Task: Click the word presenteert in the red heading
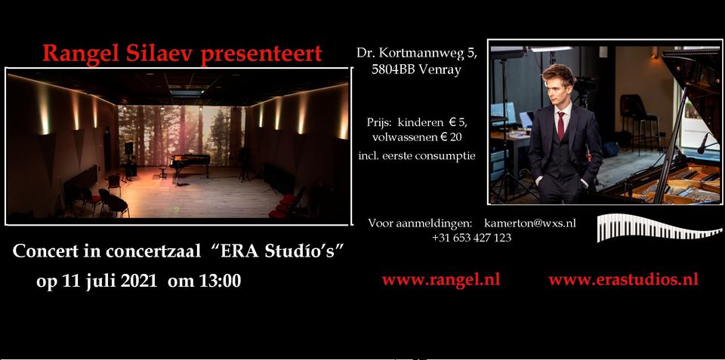(x=261, y=54)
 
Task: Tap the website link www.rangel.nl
(x=440, y=279)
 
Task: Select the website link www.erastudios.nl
(x=623, y=279)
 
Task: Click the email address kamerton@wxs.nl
(x=530, y=223)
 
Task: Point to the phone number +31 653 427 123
(x=471, y=238)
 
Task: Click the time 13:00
(x=220, y=281)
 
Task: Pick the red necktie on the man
(x=561, y=125)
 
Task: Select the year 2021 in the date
(x=139, y=281)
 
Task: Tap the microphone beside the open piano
(x=702, y=143)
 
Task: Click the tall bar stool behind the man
(x=642, y=121)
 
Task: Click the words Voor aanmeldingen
(x=420, y=223)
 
